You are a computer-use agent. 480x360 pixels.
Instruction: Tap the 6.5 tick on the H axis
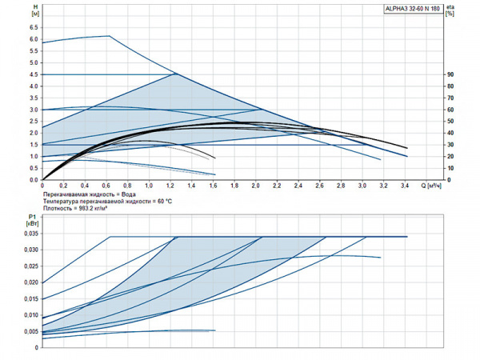(x=34, y=26)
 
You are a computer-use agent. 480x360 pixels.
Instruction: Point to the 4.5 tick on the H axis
(x=34, y=74)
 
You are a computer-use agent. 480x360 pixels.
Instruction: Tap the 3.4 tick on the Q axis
(x=406, y=186)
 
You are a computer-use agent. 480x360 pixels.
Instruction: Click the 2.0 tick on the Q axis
(x=256, y=186)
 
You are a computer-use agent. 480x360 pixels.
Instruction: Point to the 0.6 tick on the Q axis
(x=106, y=186)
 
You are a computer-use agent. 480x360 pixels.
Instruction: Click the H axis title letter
(x=34, y=7)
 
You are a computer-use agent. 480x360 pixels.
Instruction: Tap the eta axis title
(x=450, y=7)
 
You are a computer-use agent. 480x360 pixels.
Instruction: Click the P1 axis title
(x=32, y=215)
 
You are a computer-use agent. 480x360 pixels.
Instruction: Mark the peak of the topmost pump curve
(x=108, y=35)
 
